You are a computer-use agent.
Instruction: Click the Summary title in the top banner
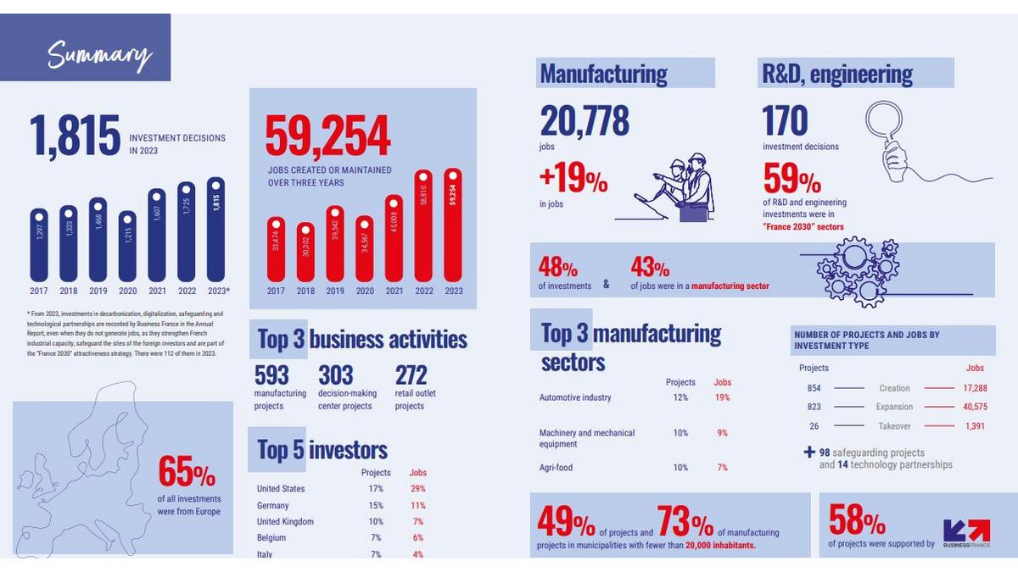pos(99,55)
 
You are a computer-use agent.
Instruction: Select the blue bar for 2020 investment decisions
pos(127,246)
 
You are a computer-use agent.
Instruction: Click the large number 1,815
pos(76,136)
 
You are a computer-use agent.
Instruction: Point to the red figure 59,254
pos(328,137)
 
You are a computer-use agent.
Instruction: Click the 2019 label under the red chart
pos(335,292)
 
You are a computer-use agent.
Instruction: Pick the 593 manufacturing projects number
pos(271,375)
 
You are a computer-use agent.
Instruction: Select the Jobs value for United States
pos(417,489)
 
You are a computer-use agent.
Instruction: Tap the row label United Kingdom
pos(285,521)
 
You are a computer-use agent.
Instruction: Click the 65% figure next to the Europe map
pos(187,473)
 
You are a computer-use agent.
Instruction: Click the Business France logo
pos(966,532)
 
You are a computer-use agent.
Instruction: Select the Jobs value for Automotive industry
pos(722,397)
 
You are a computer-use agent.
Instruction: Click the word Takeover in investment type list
pos(896,426)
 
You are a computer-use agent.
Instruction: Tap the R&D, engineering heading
pos(837,75)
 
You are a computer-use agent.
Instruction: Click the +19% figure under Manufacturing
pos(573,180)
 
